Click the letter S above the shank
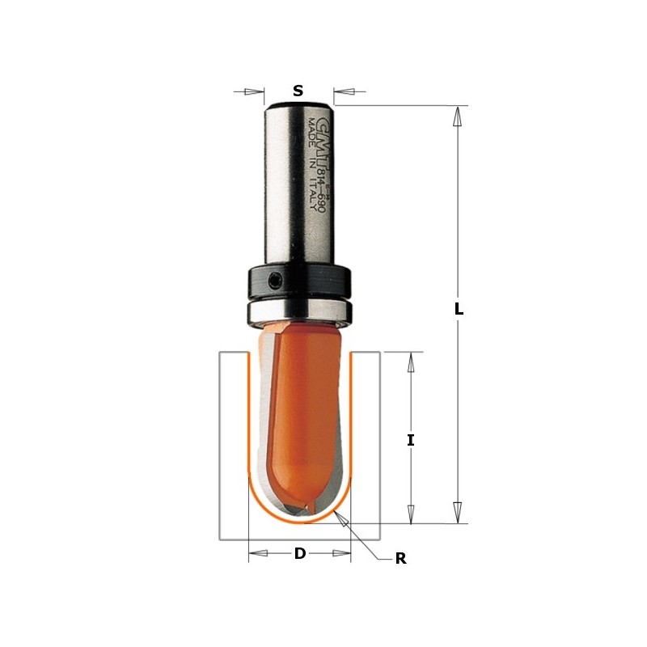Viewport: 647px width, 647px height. [x=298, y=91]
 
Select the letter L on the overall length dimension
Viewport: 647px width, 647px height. [x=459, y=308]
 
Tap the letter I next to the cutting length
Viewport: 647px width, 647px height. [x=411, y=440]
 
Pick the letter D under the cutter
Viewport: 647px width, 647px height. [x=300, y=554]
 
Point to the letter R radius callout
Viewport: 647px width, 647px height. [x=400, y=559]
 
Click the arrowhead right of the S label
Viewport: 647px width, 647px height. [x=343, y=91]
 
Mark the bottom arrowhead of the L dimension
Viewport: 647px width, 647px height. [x=458, y=512]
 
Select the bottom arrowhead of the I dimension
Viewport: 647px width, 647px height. [x=411, y=514]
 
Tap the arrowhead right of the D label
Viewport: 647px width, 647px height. [x=341, y=554]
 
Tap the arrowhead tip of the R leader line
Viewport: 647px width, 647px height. [x=344, y=518]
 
